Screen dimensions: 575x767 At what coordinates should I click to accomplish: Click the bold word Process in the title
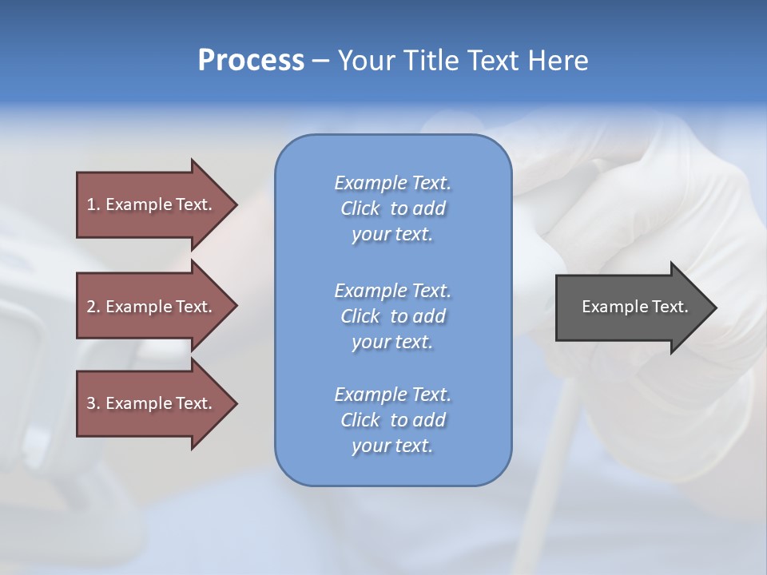tap(251, 61)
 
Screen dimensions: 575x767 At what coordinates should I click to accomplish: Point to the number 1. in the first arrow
tap(93, 204)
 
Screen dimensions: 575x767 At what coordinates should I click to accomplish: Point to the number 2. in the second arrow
tap(93, 307)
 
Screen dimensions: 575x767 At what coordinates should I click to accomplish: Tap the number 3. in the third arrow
tap(93, 403)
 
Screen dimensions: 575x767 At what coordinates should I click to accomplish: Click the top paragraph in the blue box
tap(392, 208)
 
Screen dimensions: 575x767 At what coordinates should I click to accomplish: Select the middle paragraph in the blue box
tap(392, 316)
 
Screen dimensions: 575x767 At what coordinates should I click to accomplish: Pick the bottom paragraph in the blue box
tap(392, 420)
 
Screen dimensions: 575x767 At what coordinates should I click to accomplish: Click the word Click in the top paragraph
tap(360, 208)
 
